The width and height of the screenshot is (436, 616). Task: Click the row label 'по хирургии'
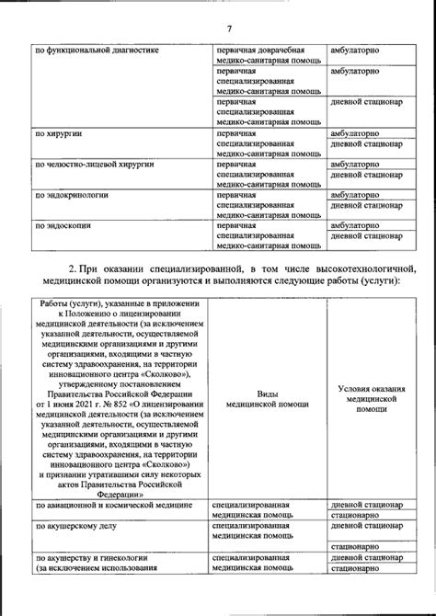58,133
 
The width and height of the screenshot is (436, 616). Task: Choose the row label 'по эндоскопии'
63,225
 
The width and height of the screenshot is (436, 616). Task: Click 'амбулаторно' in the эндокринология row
361,195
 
